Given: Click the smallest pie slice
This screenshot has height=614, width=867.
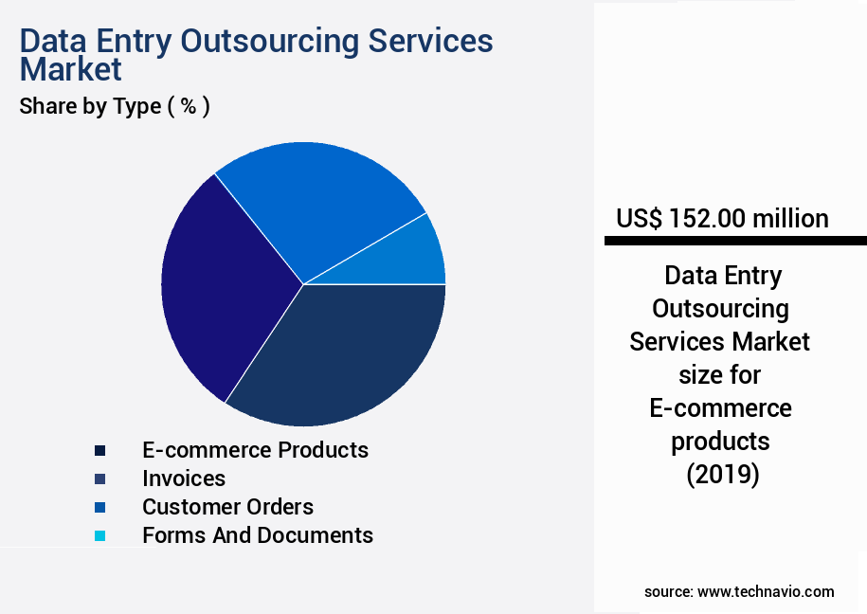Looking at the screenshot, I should [417, 254].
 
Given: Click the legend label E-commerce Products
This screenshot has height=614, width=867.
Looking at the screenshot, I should [255, 449].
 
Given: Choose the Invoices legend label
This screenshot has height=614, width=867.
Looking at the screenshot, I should [184, 479].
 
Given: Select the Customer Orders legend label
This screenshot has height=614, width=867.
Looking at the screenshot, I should [227, 507].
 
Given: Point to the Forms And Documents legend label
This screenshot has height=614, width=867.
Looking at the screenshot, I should [258, 535].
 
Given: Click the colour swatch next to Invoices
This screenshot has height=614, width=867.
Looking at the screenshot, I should [99, 479].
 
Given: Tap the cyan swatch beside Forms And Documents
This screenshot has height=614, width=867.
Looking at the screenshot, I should [99, 536].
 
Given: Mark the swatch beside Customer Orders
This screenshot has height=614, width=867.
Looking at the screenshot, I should [99, 508].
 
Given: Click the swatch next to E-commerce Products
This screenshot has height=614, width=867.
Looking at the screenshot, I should [99, 450].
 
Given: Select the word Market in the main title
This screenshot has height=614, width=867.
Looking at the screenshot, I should [71, 69].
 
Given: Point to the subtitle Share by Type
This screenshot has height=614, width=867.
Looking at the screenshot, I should [115, 106].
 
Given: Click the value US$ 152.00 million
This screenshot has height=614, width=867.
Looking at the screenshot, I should [722, 219].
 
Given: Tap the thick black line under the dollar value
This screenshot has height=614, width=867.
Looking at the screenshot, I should [735, 242].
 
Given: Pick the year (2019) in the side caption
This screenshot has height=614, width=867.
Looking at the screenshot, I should [723, 475].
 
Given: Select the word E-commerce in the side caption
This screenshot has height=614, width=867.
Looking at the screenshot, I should [720, 408].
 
